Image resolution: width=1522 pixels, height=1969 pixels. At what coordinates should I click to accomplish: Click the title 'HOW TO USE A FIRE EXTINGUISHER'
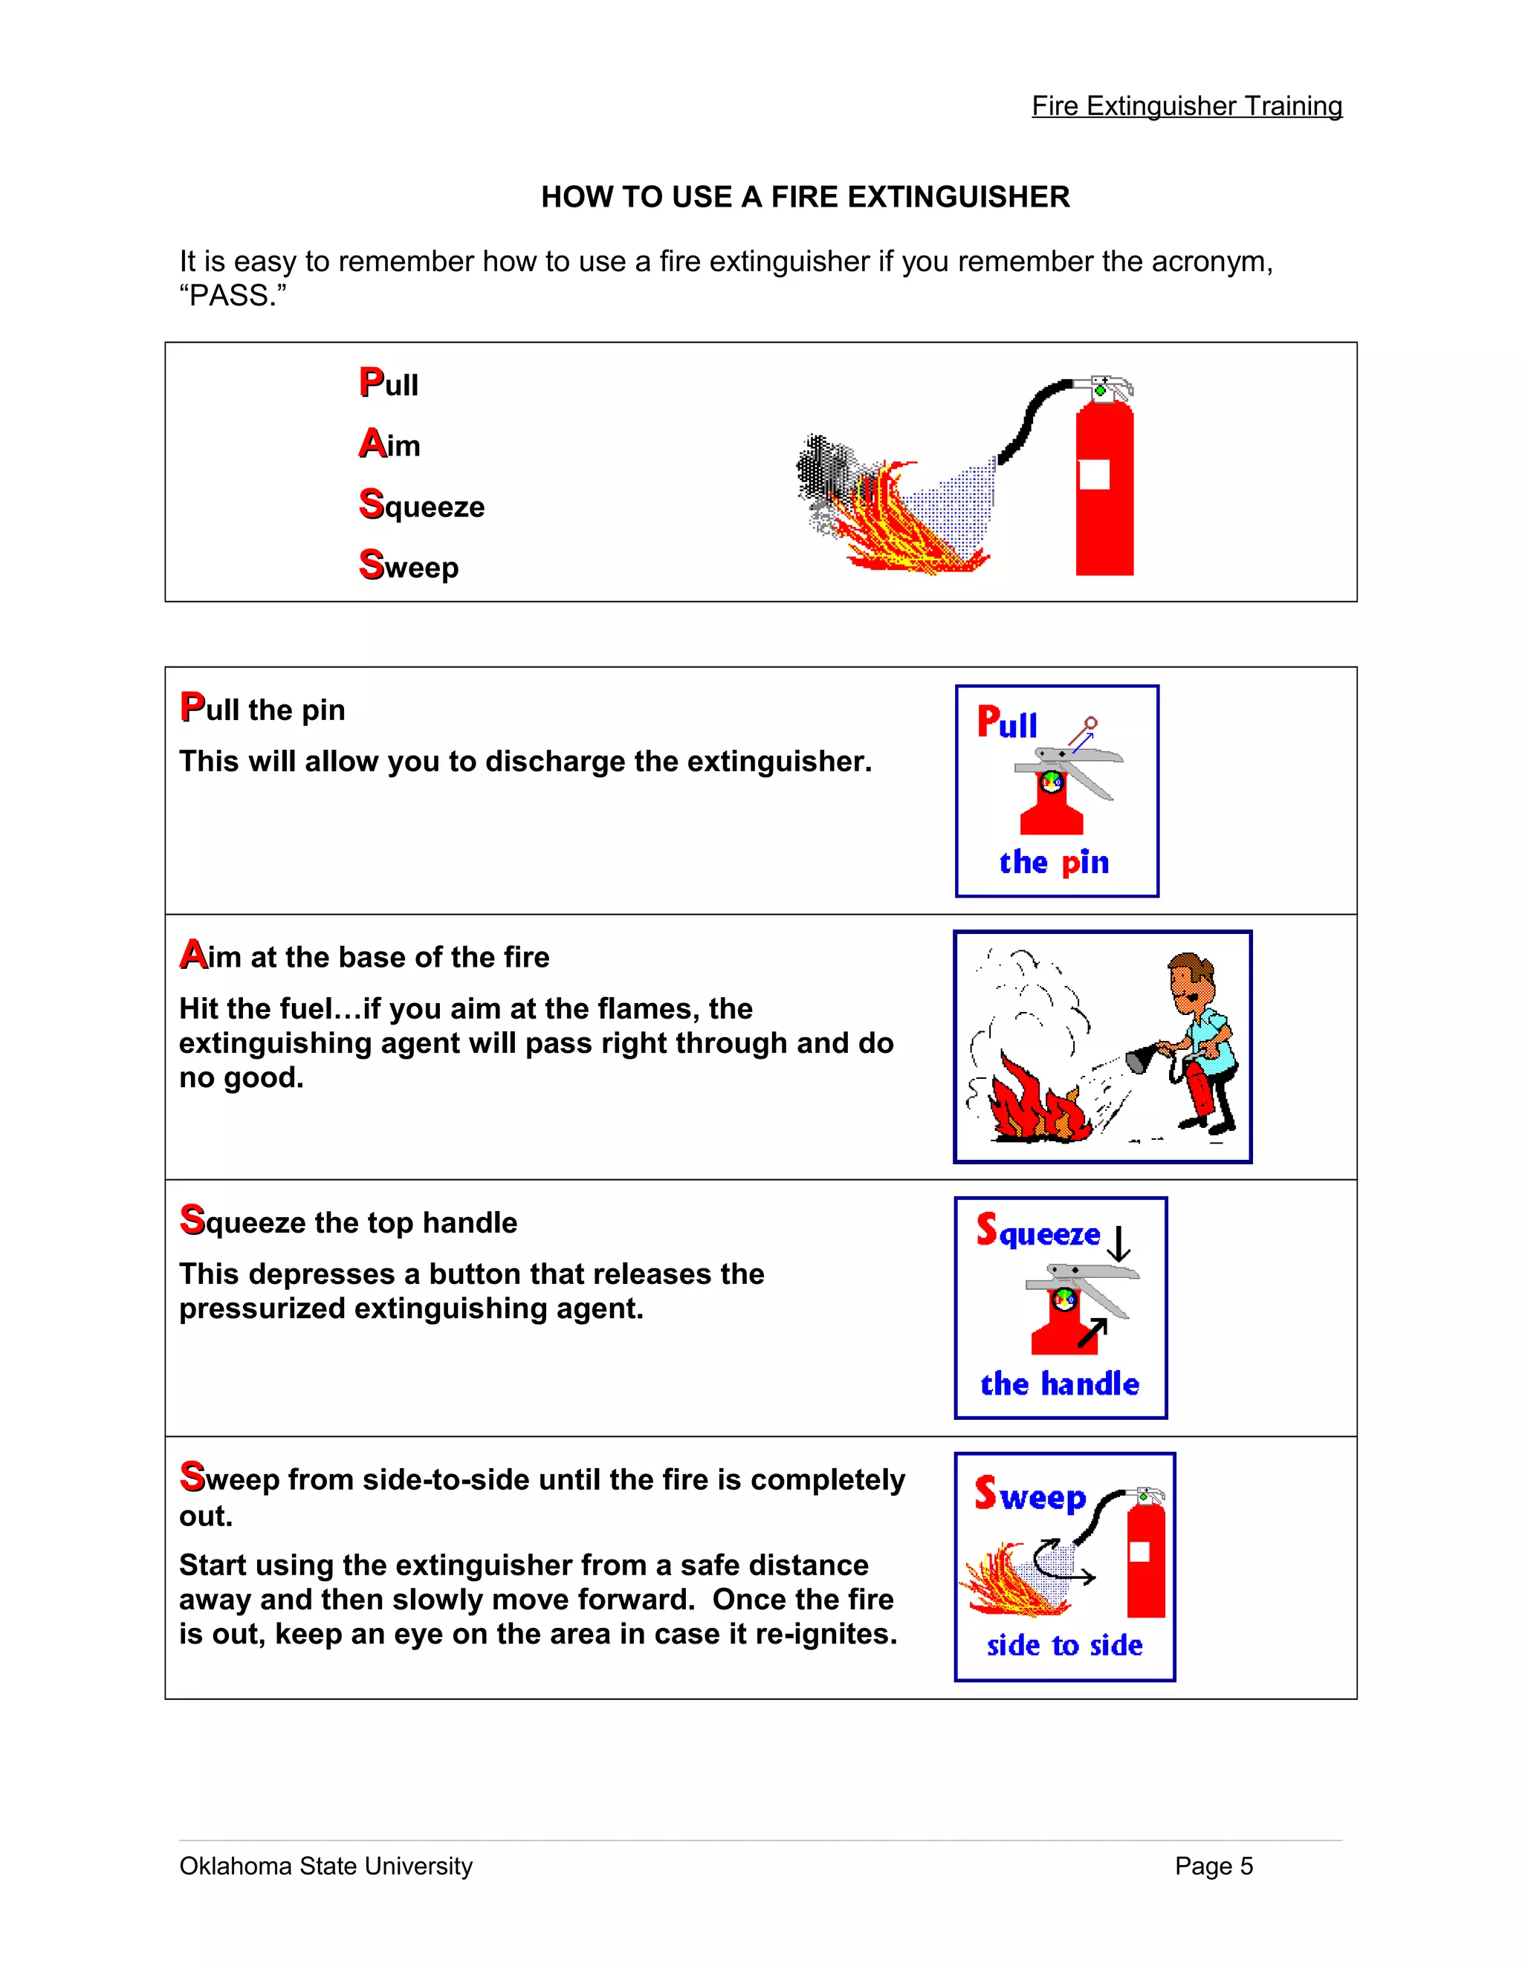point(804,197)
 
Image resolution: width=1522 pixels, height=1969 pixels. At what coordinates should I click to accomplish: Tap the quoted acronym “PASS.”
point(233,296)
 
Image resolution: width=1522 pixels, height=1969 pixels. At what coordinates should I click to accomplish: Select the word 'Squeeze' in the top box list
point(422,505)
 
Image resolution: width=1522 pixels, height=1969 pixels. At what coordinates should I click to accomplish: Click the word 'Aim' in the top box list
point(389,444)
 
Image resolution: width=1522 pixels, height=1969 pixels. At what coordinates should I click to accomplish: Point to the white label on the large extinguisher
point(1094,474)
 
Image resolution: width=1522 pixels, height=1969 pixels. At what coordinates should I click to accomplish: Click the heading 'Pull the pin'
point(262,709)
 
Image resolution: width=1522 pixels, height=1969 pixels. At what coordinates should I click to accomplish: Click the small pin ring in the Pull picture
point(1091,723)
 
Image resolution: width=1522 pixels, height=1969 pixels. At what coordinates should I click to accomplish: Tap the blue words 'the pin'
point(1053,862)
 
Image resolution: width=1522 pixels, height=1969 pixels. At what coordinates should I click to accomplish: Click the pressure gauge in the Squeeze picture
point(1065,1299)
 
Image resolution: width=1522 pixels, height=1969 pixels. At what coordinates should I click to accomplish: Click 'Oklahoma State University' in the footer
point(326,1865)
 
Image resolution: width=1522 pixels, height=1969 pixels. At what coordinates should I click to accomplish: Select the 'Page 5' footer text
point(1213,1865)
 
